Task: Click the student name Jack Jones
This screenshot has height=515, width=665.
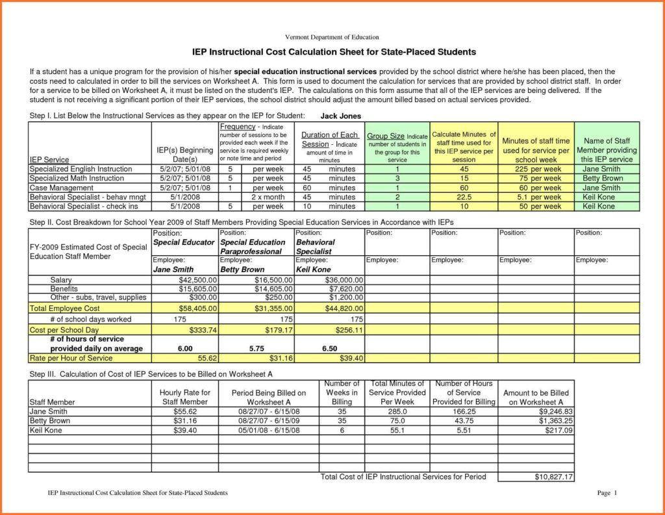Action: click(x=341, y=116)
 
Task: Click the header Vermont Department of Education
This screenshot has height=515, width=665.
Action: click(x=332, y=37)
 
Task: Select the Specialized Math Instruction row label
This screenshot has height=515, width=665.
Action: click(x=77, y=179)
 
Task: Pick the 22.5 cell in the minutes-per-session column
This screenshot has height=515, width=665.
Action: click(x=464, y=197)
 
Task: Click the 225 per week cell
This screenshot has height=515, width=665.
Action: click(x=537, y=170)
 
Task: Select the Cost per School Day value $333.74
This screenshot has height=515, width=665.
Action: click(x=201, y=330)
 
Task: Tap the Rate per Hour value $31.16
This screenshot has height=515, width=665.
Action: click(x=281, y=358)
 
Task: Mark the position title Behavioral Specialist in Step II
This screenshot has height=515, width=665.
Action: click(x=316, y=246)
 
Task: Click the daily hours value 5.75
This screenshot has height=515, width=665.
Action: click(x=256, y=349)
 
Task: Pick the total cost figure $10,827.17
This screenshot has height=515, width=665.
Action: click(x=549, y=477)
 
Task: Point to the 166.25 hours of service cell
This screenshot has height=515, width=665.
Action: click(x=464, y=412)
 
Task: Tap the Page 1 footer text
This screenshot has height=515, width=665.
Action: click(x=607, y=494)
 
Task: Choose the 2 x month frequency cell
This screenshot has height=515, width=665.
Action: click(x=267, y=197)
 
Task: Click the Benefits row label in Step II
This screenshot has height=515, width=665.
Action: click(x=64, y=288)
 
